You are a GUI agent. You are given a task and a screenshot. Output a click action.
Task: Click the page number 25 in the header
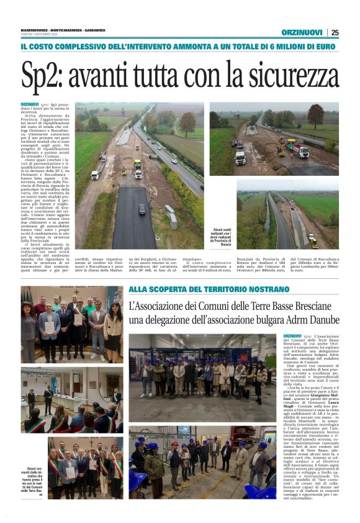pos(335,32)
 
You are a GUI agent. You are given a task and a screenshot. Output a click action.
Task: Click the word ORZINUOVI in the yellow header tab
pos(301,32)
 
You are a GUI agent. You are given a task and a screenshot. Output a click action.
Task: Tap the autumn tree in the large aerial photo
pos(186,122)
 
